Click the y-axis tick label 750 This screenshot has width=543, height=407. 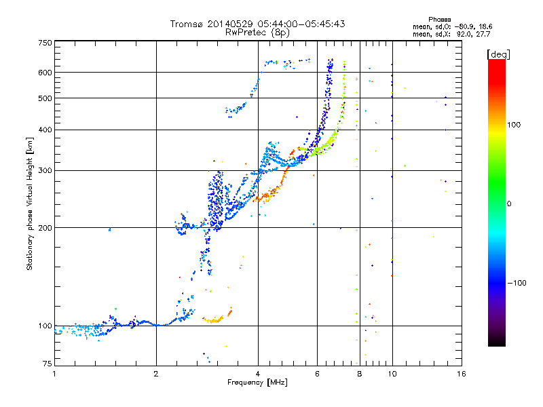[45, 42]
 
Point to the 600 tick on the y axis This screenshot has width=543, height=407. [45, 72]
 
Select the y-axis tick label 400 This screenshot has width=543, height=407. [45, 130]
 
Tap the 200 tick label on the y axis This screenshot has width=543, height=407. [45, 227]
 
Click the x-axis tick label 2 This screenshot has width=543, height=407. [156, 373]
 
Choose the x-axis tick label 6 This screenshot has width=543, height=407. [318, 373]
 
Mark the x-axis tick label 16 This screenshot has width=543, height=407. [460, 373]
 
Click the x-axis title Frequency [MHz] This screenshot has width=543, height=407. [257, 383]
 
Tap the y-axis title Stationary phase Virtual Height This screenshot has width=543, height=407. [30, 203]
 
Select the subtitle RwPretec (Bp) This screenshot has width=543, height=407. [257, 32]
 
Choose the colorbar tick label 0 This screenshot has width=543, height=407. [510, 203]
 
